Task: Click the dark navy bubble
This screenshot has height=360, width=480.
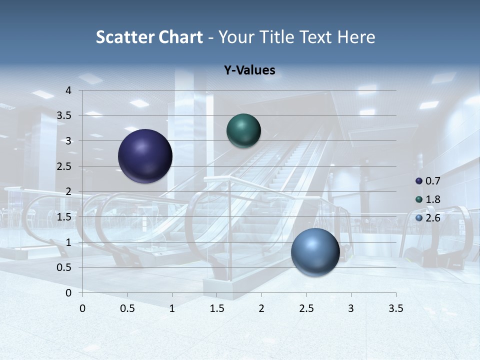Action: [x=145, y=156]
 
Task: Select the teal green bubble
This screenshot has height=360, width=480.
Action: [x=243, y=130]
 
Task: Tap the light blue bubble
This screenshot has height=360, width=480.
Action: [x=315, y=252]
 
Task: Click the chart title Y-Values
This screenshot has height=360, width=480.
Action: [x=249, y=70]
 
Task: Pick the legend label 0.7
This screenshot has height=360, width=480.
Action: [x=432, y=181]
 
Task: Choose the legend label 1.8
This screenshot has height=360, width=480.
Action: [x=432, y=199]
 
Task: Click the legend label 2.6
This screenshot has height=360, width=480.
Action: [x=432, y=217]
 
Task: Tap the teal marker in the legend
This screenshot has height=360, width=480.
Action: [x=419, y=199]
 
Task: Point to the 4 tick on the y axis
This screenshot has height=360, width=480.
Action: [x=68, y=90]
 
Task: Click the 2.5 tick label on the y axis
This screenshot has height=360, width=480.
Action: [x=63, y=166]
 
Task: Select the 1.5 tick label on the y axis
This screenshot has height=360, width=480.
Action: [x=63, y=217]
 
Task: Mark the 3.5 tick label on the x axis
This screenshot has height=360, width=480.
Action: [x=395, y=308]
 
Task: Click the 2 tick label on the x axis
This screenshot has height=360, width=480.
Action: [x=261, y=308]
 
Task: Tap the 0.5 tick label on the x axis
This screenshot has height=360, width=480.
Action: [x=127, y=308]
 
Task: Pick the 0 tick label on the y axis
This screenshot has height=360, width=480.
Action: [x=68, y=293]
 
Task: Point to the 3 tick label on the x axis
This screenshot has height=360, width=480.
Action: [x=351, y=308]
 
